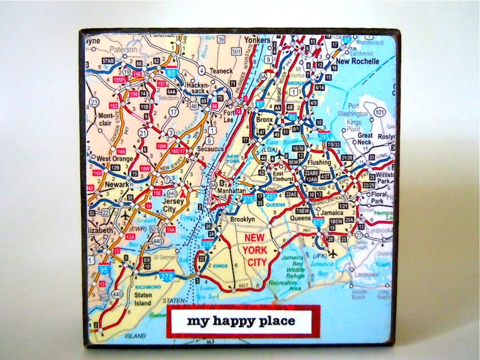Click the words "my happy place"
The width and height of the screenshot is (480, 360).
(240, 320)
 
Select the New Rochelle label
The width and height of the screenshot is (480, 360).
(357, 61)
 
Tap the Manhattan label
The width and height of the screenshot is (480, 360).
(231, 191)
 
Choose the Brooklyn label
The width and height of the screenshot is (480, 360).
(242, 219)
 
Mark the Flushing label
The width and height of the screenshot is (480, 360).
(319, 163)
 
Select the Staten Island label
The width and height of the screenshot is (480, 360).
(142, 299)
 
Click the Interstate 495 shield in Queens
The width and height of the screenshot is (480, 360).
(270, 196)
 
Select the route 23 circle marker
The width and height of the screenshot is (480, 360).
(93, 102)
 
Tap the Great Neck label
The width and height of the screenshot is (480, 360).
(365, 139)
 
